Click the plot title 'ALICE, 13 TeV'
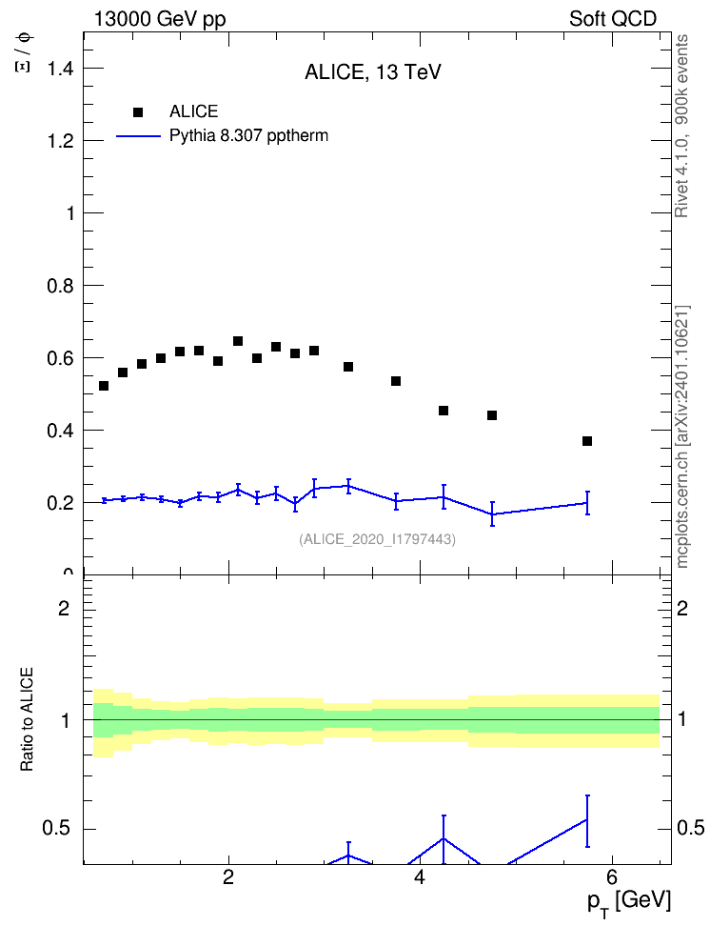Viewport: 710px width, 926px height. coord(372,72)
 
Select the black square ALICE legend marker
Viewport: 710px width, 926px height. coord(138,112)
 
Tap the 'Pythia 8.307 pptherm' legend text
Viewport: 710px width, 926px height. coord(248,136)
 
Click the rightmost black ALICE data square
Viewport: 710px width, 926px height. coord(586,441)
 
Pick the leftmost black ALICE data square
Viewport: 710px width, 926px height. coord(104,386)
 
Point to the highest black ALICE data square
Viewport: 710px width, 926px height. coord(238,341)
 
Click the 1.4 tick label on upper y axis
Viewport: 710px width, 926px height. coord(60,70)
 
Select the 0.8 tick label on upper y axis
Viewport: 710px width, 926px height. coord(60,287)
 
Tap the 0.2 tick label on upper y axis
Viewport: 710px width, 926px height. coord(60,503)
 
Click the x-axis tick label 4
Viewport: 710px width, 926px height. coord(420,877)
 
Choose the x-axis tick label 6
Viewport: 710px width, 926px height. coord(611,877)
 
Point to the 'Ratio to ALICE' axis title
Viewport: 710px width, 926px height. coord(27,719)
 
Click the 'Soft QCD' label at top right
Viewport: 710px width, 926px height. coord(613,19)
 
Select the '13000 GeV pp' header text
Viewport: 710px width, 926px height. coord(160,19)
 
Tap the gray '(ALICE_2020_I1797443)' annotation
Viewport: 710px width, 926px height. coord(377,539)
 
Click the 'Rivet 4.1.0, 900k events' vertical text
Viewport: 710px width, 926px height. coord(681,126)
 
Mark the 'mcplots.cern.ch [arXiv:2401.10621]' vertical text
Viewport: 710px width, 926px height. coord(682,436)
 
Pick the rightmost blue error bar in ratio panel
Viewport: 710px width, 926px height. coord(586,821)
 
